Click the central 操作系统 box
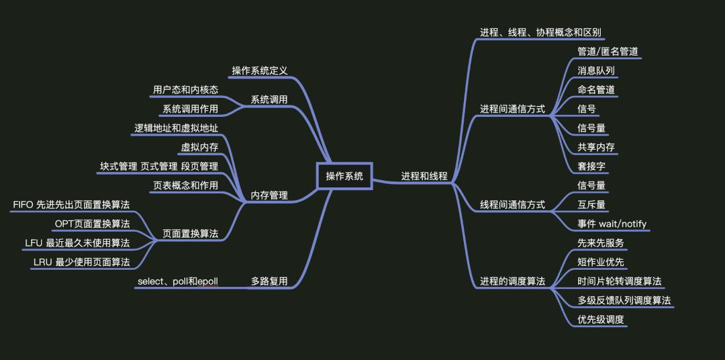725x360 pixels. (344, 177)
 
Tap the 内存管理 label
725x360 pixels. (269, 195)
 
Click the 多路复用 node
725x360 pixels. (269, 281)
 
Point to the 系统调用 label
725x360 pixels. (269, 99)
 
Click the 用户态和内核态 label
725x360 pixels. (185, 89)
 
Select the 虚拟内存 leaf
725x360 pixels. (199, 147)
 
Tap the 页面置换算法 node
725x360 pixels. (191, 234)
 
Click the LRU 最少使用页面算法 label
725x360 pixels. (81, 262)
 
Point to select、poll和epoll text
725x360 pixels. (178, 281)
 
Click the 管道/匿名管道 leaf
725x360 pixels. (608, 51)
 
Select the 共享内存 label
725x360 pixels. (596, 147)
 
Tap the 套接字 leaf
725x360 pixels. (591, 166)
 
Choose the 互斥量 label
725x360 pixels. (591, 204)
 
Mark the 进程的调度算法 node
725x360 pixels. (512, 281)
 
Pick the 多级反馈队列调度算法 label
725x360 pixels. (624, 300)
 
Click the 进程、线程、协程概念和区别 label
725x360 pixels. (540, 32)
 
